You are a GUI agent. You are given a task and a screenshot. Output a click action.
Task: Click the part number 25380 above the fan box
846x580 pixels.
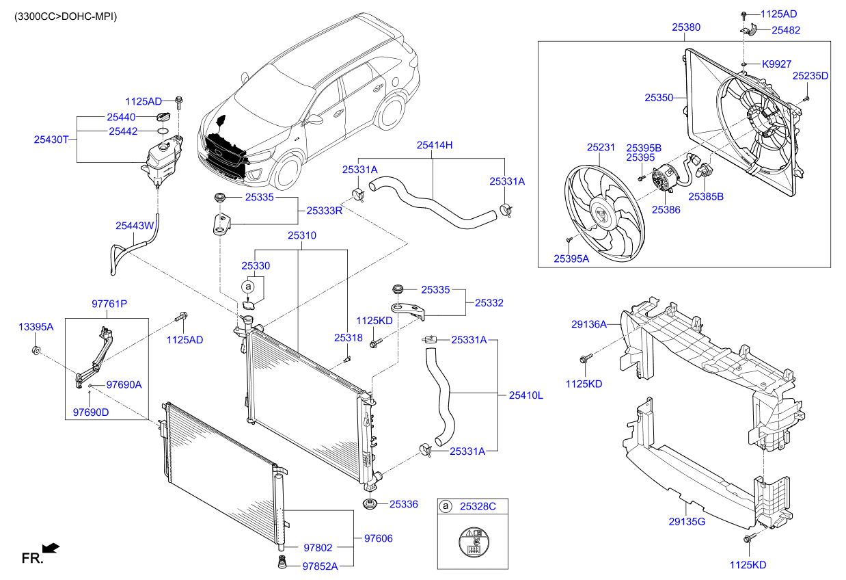point(686,27)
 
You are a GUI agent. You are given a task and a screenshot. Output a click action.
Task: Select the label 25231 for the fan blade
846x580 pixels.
point(601,147)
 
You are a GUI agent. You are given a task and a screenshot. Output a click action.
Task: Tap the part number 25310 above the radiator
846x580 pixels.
point(302,235)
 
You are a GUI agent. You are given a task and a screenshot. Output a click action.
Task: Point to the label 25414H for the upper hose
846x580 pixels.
point(435,145)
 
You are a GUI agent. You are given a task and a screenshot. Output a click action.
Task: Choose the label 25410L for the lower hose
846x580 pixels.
point(526,395)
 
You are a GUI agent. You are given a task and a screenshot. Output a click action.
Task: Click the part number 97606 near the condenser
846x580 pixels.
point(378,538)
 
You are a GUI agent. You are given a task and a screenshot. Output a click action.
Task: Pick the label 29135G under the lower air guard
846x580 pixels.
point(687,522)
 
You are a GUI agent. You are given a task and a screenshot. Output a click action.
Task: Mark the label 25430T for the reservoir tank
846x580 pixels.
point(51,140)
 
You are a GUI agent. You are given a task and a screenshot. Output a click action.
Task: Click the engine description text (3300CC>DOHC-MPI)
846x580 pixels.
point(66,16)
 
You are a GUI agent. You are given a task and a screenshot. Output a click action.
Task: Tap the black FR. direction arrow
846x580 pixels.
point(51,548)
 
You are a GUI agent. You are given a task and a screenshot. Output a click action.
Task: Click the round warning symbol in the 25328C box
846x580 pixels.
point(474,542)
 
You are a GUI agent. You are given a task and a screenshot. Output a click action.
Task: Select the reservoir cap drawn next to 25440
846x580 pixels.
point(163,117)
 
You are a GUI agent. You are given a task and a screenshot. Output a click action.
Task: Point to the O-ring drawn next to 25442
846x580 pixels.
point(163,131)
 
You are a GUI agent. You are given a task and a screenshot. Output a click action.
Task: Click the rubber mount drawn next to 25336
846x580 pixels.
point(370,504)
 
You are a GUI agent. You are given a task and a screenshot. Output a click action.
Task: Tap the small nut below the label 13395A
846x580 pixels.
point(36,350)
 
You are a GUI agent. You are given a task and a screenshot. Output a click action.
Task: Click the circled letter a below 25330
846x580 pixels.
point(248,287)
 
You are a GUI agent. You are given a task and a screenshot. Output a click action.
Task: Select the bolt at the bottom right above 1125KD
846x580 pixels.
point(750,538)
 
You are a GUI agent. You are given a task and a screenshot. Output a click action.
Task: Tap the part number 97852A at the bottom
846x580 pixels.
point(320,566)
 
